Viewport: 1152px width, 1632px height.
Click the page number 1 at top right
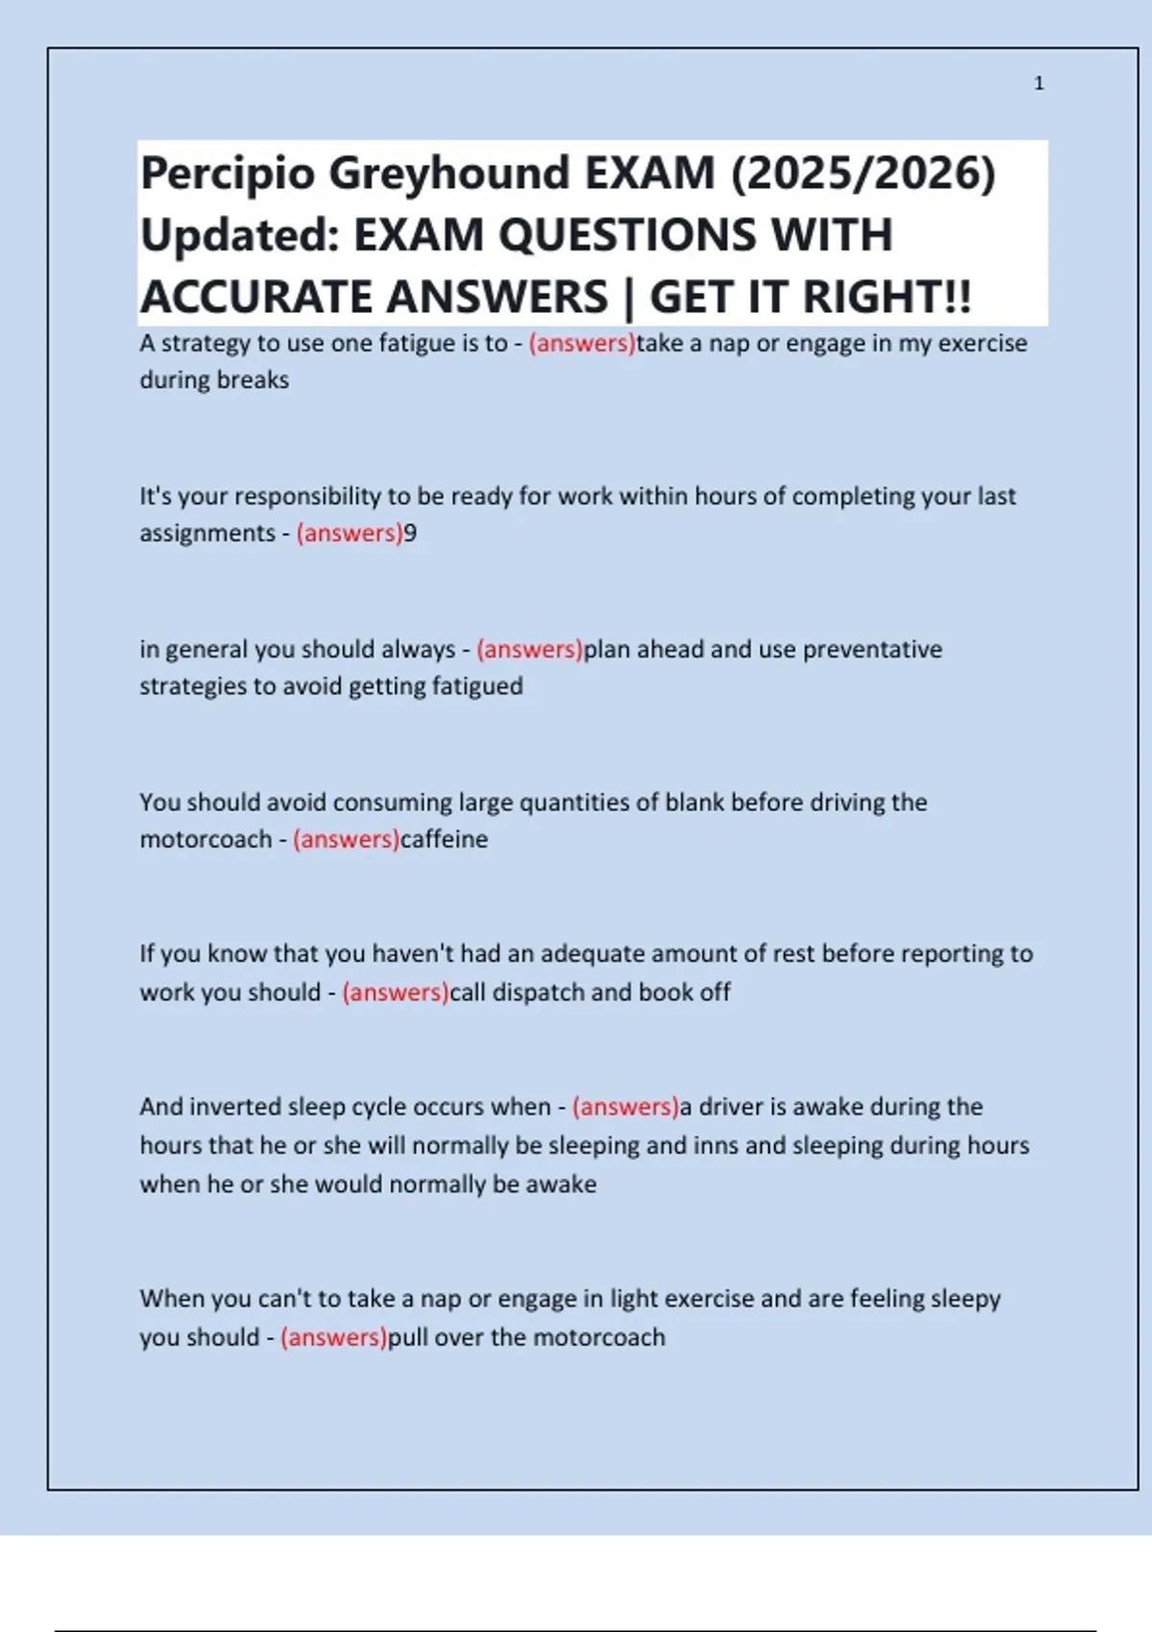1039,84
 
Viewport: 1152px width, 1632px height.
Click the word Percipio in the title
228,175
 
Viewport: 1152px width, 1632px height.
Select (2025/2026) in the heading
863,175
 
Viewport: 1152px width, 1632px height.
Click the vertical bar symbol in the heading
629,297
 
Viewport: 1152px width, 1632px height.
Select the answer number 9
410,533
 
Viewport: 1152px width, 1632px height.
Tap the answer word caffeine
444,839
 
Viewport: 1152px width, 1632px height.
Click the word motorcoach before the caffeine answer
205,839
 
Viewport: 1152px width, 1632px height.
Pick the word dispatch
538,992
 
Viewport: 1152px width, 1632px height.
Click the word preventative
872,649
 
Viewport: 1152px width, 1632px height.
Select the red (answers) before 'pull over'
333,1337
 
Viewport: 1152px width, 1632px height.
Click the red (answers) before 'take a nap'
582,343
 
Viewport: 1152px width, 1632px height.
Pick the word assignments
206,533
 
